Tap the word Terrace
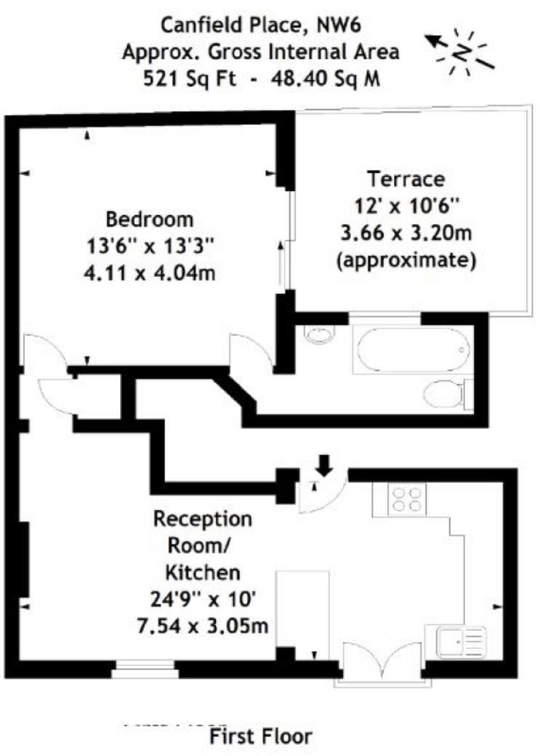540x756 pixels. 405,179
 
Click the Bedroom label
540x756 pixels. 150,219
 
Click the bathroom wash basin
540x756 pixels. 320,334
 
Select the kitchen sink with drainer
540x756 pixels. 461,643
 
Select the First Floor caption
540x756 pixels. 261,736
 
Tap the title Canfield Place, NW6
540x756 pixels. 261,27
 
